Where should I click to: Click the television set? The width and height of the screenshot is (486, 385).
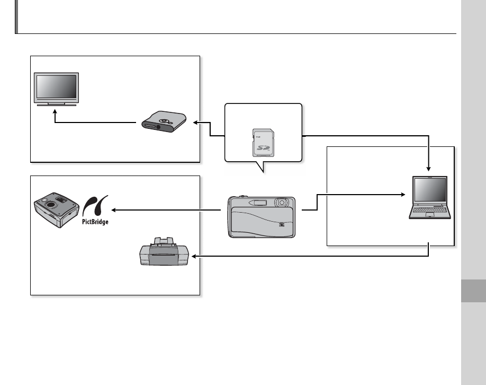[56, 87]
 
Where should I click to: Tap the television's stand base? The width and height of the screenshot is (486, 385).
[56, 105]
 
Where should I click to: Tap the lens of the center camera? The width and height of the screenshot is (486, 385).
[282, 202]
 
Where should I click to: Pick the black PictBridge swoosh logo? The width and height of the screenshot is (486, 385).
[95, 205]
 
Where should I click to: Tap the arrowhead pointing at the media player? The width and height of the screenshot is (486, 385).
[195, 122]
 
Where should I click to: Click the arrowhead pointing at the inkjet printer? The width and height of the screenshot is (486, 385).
[194, 257]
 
